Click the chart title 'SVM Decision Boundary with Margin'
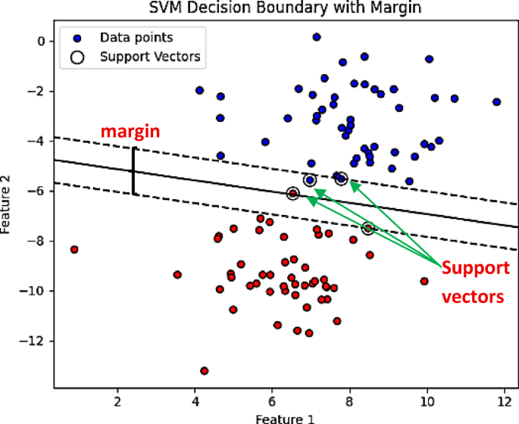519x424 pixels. pos(285,8)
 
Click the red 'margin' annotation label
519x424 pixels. pos(130,132)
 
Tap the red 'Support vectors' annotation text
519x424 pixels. pos(474,282)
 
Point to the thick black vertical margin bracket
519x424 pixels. pos(133,171)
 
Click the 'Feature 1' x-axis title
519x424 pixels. pos(284,418)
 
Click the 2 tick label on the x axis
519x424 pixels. pos(117,401)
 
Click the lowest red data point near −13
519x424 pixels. pos(204,370)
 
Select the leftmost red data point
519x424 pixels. pos(74,249)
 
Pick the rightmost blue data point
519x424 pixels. pos(496,101)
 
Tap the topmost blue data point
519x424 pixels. pos(317,36)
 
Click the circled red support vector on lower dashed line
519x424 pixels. pos(368,228)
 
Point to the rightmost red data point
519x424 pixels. pos(424,281)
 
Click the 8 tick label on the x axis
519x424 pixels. pos(349,401)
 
